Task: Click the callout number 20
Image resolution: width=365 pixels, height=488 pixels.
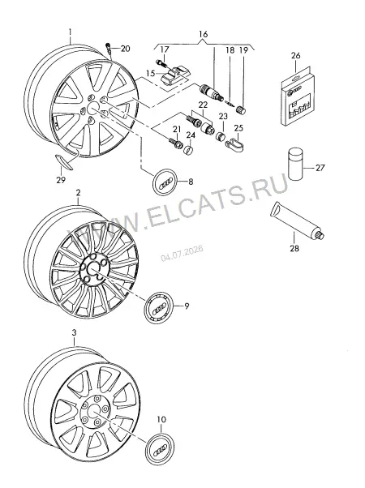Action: pyautogui.click(x=125, y=49)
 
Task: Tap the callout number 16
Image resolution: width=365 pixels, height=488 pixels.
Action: pyautogui.click(x=203, y=34)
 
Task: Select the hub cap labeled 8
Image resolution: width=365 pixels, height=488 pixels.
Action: pyautogui.click(x=165, y=182)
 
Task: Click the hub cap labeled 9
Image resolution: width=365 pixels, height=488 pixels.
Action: pyautogui.click(x=158, y=307)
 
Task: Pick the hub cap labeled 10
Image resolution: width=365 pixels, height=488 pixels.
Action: pyautogui.click(x=160, y=447)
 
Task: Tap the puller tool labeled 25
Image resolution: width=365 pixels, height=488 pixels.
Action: pyautogui.click(x=235, y=144)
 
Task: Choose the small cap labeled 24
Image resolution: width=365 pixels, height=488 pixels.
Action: pyautogui.click(x=188, y=150)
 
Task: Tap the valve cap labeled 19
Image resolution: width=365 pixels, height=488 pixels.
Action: pyautogui.click(x=242, y=109)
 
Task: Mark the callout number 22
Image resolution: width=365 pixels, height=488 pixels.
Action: pyautogui.click(x=203, y=105)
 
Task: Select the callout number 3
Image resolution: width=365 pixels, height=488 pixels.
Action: pyautogui.click(x=74, y=332)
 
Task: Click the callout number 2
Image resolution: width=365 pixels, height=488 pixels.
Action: pyautogui.click(x=78, y=192)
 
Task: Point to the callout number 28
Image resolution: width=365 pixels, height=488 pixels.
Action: pyautogui.click(x=294, y=248)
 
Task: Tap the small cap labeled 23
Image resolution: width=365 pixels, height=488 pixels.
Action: pyautogui.click(x=221, y=136)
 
